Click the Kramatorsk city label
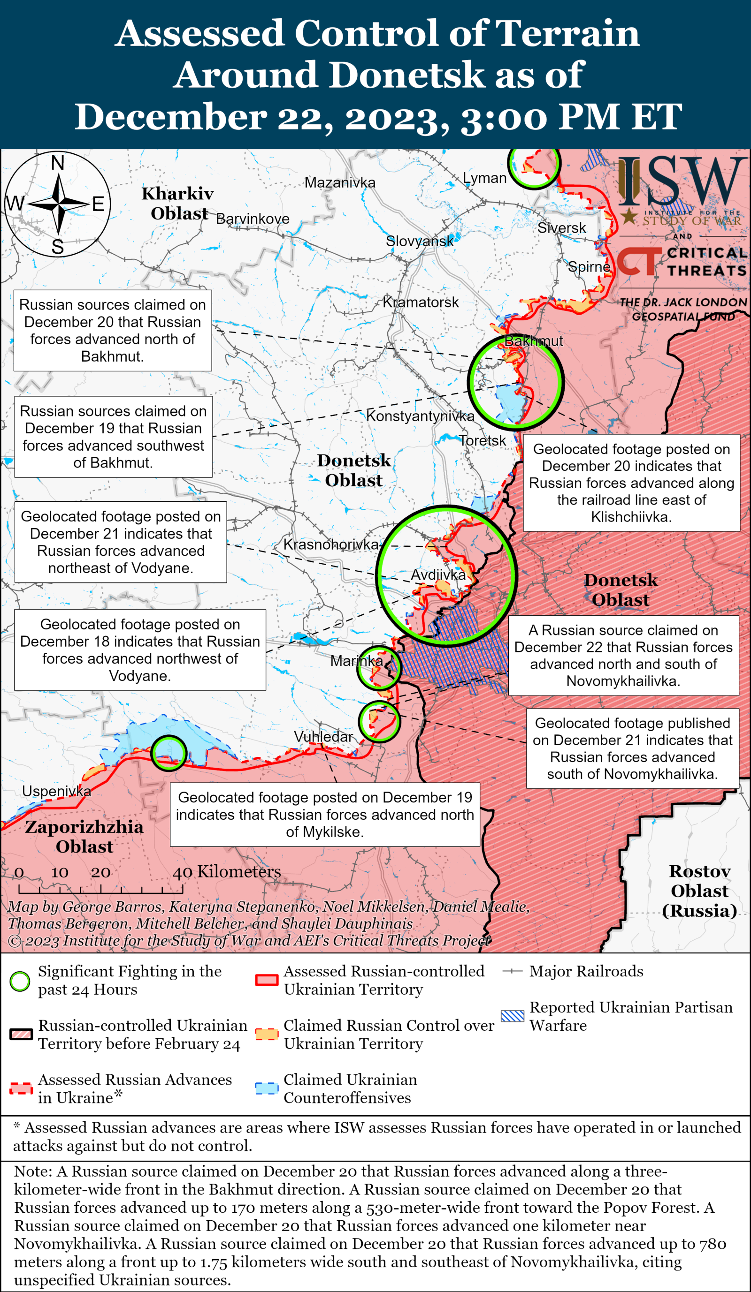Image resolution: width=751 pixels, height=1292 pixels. click(x=420, y=302)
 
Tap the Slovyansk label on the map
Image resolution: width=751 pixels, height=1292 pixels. click(x=420, y=241)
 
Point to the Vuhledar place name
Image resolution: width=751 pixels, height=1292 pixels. click(x=323, y=737)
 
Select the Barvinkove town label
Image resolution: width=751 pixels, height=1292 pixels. click(x=253, y=219)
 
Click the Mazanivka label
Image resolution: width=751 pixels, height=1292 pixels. click(x=339, y=182)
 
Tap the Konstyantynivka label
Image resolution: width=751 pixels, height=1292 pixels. click(x=420, y=416)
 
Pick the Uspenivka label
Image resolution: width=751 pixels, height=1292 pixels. click(x=56, y=791)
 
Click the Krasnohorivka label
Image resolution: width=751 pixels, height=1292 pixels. click(x=331, y=544)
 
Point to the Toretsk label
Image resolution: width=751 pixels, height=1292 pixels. click(x=482, y=440)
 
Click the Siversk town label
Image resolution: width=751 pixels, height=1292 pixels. click(x=561, y=228)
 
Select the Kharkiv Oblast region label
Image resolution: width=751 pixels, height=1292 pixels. click(x=178, y=204)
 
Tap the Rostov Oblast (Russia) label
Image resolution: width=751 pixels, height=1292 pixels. click(x=699, y=891)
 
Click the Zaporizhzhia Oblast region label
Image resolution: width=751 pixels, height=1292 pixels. click(x=84, y=836)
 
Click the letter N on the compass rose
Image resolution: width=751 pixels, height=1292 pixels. click(x=57, y=163)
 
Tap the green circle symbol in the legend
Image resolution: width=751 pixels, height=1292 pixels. click(x=20, y=981)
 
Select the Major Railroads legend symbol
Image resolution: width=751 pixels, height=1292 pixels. click(x=512, y=971)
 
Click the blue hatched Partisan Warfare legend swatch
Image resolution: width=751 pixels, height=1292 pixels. click(x=512, y=1016)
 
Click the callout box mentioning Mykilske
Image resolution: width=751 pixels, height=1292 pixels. click(x=325, y=814)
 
